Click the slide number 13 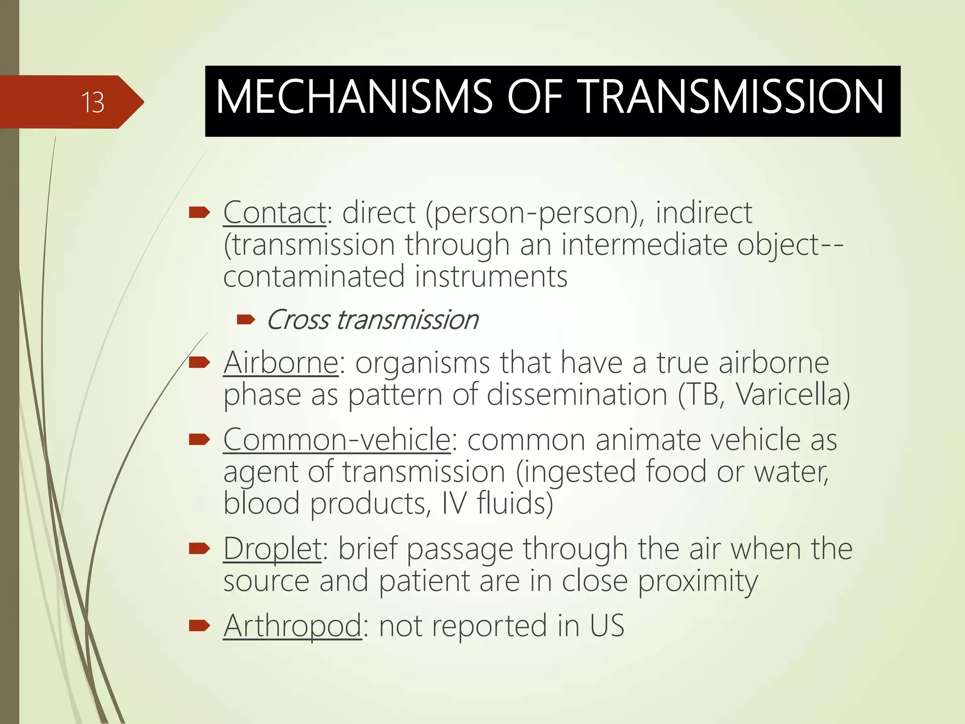tap(92, 102)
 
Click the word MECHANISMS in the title tap(354, 97)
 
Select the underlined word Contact tap(275, 213)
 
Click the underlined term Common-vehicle tap(337, 440)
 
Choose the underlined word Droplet tap(272, 549)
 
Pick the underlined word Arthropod tap(293, 626)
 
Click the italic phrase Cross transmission tap(372, 320)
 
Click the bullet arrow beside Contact tap(199, 214)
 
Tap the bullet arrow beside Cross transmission tap(245, 321)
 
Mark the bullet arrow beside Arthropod tap(199, 626)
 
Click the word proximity tap(698, 581)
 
